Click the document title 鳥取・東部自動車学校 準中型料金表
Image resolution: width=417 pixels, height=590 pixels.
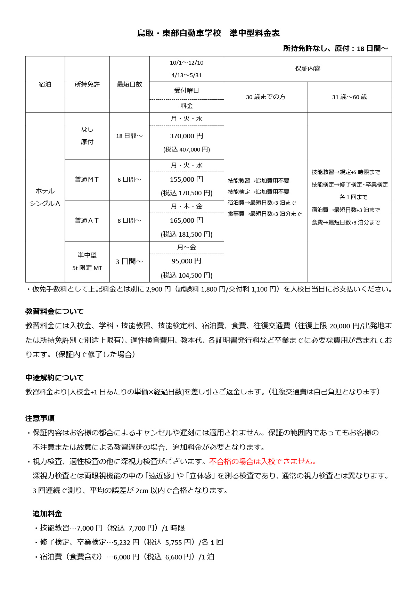(208, 33)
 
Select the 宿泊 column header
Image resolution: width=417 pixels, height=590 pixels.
(45, 84)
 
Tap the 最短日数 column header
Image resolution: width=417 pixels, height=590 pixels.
(129, 84)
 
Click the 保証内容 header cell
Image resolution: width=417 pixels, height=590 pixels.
(308, 69)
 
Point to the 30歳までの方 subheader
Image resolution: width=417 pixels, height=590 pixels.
(265, 97)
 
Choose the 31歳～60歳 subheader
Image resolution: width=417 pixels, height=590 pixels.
(350, 97)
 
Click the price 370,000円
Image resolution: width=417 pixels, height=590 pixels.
(187, 136)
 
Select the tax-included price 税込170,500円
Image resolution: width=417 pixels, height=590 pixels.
(187, 193)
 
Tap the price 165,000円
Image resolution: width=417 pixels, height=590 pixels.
(187, 220)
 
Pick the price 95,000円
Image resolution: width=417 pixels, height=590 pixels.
(187, 261)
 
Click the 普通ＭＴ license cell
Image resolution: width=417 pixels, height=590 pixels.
(87, 180)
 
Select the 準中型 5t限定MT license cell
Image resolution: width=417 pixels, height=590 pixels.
(87, 261)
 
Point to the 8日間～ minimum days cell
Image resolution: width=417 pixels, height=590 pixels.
(129, 221)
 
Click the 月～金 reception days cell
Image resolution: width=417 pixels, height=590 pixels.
(187, 247)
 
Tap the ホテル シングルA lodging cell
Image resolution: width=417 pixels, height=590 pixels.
(45, 197)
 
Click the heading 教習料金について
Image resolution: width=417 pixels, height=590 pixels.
(54, 311)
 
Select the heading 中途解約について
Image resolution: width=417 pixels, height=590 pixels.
(54, 378)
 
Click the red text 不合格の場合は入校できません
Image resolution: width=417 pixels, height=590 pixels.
(263, 461)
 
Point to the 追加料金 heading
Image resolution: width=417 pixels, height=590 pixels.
(47, 514)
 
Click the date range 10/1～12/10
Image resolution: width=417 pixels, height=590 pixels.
(187, 63)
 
